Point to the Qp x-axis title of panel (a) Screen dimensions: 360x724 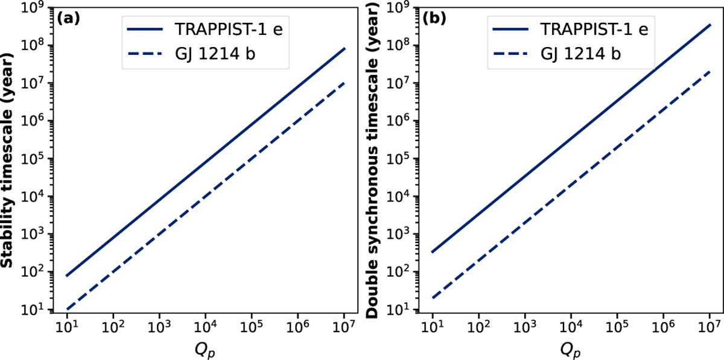click(205, 349)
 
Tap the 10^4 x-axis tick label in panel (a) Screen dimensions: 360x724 click(205, 327)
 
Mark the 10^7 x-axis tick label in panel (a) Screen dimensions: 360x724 click(344, 327)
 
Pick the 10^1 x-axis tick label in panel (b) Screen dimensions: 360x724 click(432, 327)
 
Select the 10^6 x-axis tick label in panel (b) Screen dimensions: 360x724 click(663, 327)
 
